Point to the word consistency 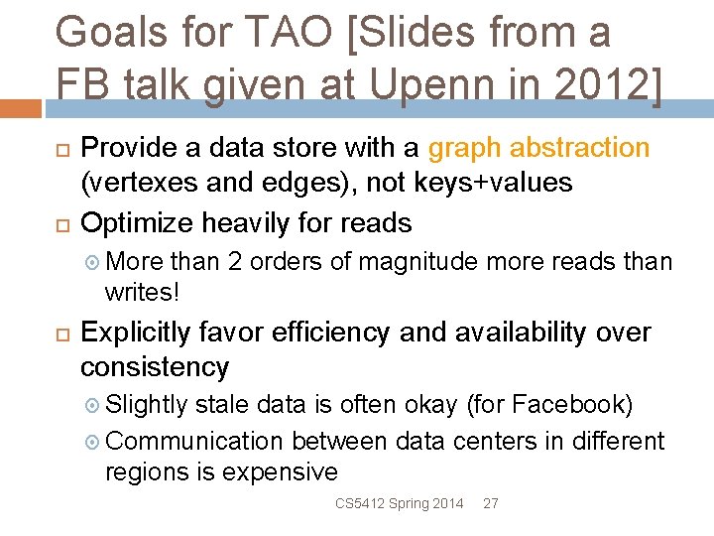tap(154, 366)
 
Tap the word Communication tap(194, 440)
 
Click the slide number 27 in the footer tap(490, 504)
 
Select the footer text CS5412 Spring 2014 tap(399, 504)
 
